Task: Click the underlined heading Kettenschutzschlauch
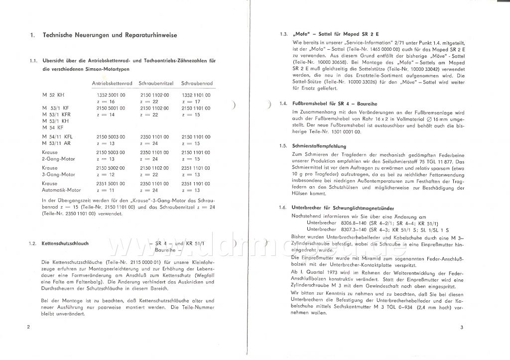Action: (66, 243)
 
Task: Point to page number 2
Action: (29, 327)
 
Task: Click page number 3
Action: (462, 327)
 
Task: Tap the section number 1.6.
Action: (283, 207)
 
